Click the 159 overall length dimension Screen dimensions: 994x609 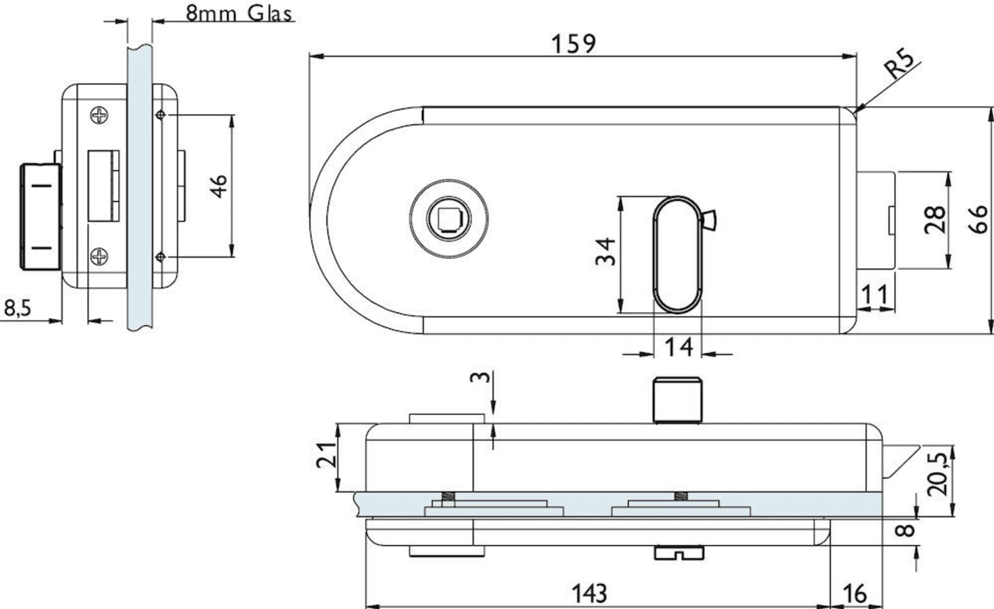coord(574,44)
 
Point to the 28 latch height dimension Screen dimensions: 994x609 coord(934,220)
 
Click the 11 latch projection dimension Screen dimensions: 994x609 coord(875,294)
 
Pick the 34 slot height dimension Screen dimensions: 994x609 coord(606,252)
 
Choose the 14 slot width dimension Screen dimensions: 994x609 coord(679,347)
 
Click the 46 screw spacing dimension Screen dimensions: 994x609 coord(219,187)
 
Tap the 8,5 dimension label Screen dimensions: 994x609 coord(18,308)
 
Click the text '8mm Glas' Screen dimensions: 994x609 coord(238,13)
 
